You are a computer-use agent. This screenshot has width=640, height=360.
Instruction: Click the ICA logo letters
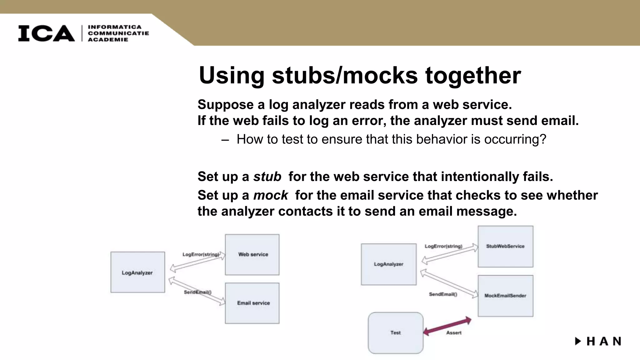coord(46,33)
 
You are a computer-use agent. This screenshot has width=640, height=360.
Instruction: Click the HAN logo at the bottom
coord(598,341)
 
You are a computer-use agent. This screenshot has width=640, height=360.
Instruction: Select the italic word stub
coord(267,177)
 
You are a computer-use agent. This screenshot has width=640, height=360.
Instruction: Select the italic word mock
coord(270,196)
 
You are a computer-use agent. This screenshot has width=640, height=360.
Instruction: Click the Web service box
coord(252,255)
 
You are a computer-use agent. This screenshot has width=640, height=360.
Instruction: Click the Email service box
coord(252,303)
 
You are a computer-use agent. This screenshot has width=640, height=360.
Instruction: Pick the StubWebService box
coord(505,247)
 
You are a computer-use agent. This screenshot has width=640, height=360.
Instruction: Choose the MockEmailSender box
coord(505,296)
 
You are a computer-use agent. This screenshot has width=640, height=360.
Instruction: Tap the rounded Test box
coord(395,333)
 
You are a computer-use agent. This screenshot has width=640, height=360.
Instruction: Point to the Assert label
coord(454,333)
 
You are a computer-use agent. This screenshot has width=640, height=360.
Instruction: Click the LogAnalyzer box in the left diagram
coord(137,272)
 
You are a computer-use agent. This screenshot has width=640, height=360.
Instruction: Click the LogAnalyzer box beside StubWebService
coord(388,264)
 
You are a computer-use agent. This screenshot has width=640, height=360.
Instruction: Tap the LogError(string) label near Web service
coord(201,255)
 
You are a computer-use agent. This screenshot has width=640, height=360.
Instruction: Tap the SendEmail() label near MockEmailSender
coord(443,294)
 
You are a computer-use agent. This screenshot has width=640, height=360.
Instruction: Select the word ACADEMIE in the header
coord(108,40)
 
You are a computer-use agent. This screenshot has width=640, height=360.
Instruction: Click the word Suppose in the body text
coord(225,105)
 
